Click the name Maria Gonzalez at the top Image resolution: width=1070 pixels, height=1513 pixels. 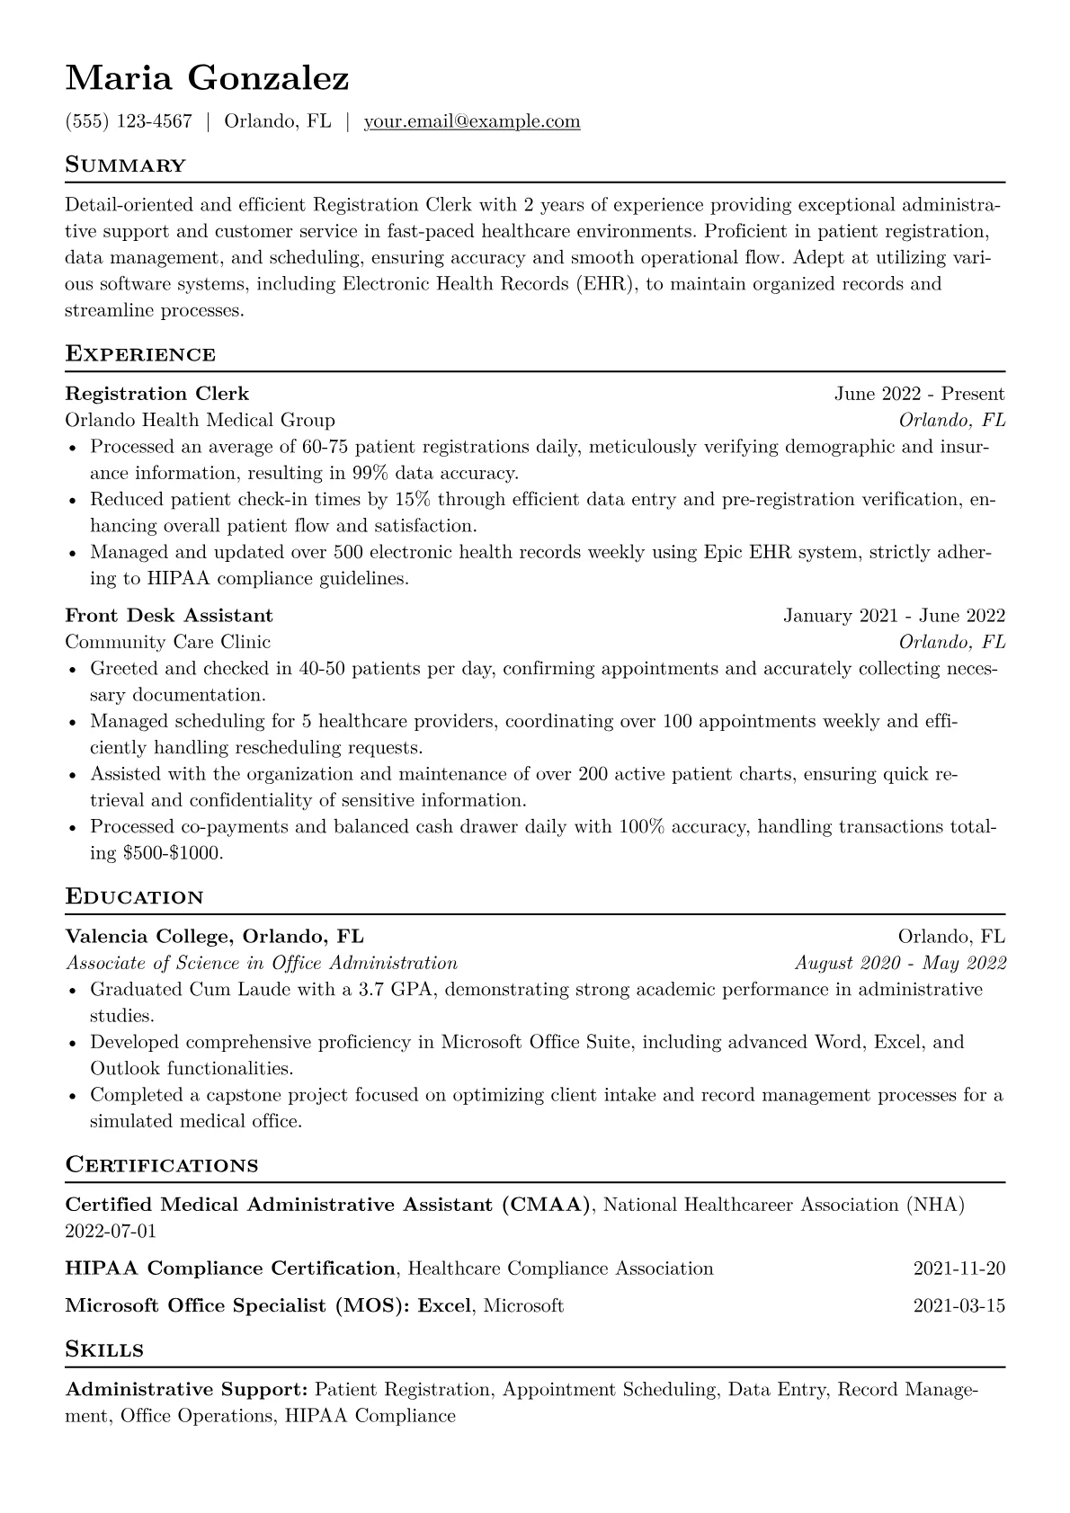207,79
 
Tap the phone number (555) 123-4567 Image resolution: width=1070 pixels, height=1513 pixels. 129,121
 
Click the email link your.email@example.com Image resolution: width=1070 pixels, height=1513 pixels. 471,121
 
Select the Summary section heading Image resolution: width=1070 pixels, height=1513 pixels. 126,165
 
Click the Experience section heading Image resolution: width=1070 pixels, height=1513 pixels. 140,354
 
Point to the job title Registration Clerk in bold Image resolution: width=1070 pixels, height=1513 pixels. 157,394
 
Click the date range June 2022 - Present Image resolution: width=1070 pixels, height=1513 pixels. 919,394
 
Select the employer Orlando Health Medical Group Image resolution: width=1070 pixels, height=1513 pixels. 200,420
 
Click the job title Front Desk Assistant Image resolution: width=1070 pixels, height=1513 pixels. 169,616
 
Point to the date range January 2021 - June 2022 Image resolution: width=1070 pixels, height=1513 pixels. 894,616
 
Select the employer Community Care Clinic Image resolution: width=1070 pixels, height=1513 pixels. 167,642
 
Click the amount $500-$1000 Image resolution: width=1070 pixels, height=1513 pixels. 171,853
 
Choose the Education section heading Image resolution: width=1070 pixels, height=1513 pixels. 135,897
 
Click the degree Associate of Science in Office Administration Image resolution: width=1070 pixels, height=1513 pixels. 262,964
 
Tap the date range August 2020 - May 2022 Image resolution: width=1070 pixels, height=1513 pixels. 900,964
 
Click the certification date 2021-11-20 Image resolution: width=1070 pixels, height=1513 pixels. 959,1268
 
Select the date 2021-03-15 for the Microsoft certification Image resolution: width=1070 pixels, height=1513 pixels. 959,1305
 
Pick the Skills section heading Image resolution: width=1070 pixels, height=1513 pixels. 104,1349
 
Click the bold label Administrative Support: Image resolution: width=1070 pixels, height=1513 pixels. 187,1390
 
